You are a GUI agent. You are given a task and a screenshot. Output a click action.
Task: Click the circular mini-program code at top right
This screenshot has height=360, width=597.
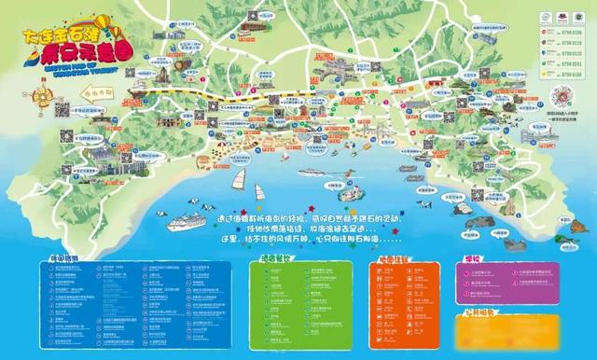click(x=562, y=98)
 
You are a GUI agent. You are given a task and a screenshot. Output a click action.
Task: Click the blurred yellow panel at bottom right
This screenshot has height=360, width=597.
click(x=504, y=327)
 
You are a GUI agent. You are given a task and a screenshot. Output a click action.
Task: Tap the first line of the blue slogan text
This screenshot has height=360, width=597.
click(x=299, y=217)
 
